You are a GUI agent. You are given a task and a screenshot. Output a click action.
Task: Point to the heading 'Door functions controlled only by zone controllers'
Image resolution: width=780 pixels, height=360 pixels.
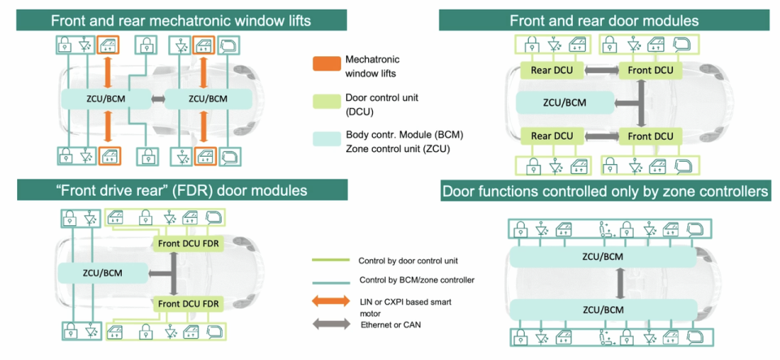[604, 192]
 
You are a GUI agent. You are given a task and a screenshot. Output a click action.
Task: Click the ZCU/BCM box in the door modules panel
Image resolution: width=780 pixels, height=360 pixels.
[564, 102]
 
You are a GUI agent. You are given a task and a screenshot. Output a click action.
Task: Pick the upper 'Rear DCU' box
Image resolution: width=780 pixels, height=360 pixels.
[552, 70]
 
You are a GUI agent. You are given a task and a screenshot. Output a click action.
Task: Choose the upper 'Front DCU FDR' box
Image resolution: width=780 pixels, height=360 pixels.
[193, 243]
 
